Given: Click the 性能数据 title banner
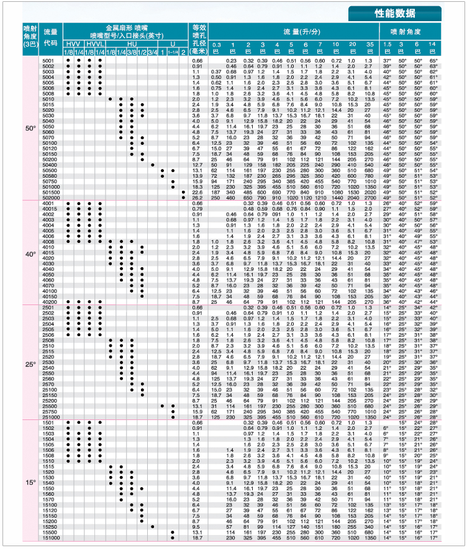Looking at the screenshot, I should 395,13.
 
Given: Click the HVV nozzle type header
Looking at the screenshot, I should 73,45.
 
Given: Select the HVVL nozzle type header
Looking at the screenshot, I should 95,45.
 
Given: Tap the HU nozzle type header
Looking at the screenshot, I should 132,45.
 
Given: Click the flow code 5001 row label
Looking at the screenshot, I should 49,60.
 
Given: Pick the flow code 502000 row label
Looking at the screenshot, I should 51,198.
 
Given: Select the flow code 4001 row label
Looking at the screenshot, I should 49,203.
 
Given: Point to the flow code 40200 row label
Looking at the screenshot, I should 50,301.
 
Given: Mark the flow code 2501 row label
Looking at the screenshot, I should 49,307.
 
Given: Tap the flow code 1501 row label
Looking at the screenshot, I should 49,423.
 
